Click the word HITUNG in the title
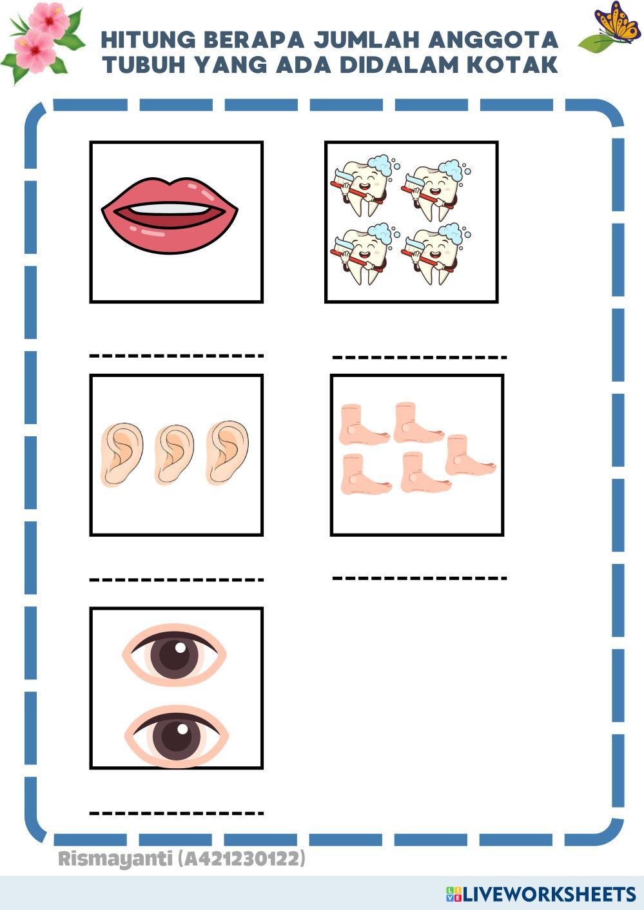[148, 39]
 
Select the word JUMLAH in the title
[367, 39]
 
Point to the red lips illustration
[170, 215]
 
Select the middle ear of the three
[174, 454]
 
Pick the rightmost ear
[227, 452]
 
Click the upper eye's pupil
[174, 655]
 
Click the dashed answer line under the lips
[177, 356]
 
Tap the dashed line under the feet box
[419, 577]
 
